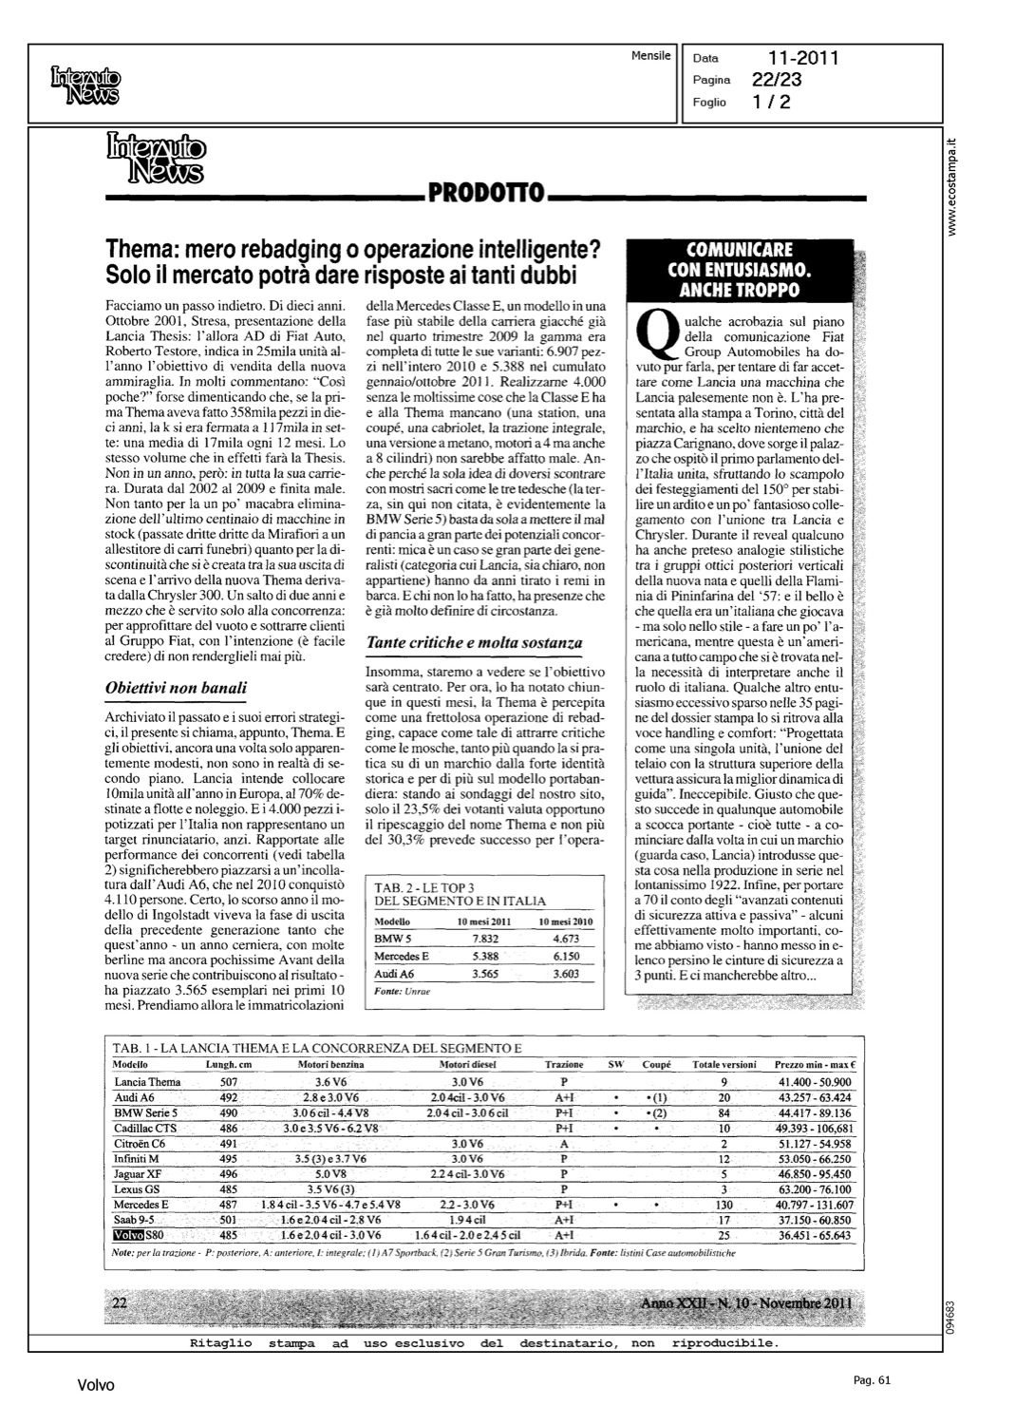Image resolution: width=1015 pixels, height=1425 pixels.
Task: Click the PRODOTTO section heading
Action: pyautogui.click(x=485, y=194)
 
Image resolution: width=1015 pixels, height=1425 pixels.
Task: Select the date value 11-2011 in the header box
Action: pyautogui.click(x=803, y=59)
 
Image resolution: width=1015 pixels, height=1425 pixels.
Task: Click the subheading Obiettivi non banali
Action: pyautogui.click(x=177, y=687)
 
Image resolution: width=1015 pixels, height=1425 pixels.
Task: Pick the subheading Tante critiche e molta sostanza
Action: pyautogui.click(x=466, y=643)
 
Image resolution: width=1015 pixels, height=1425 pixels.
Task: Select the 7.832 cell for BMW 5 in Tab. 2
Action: pyautogui.click(x=485, y=938)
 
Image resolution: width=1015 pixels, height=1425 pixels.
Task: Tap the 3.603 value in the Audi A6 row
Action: pyautogui.click(x=565, y=974)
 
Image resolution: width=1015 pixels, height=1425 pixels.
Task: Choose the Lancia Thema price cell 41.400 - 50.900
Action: pyautogui.click(x=814, y=1082)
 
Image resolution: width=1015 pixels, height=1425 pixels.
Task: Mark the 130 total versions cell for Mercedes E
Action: pyautogui.click(x=724, y=1205)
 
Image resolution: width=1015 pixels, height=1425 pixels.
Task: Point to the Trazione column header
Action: pyautogui.click(x=564, y=1065)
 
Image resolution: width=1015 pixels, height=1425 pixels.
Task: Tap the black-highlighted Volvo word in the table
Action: pyautogui.click(x=128, y=1235)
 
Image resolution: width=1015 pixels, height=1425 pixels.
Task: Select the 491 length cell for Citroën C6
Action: pyautogui.click(x=229, y=1144)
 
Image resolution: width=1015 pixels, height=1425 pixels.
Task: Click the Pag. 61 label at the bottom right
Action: pyautogui.click(x=870, y=1380)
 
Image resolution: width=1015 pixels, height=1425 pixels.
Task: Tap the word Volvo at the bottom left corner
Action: pyautogui.click(x=96, y=1386)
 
